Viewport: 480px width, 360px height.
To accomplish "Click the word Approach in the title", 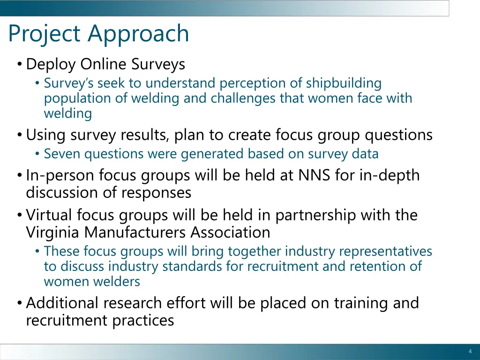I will [x=138, y=34].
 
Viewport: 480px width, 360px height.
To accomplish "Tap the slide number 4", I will [x=470, y=352].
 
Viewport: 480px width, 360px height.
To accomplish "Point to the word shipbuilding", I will [x=344, y=83].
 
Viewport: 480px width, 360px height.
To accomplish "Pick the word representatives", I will [x=385, y=251].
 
